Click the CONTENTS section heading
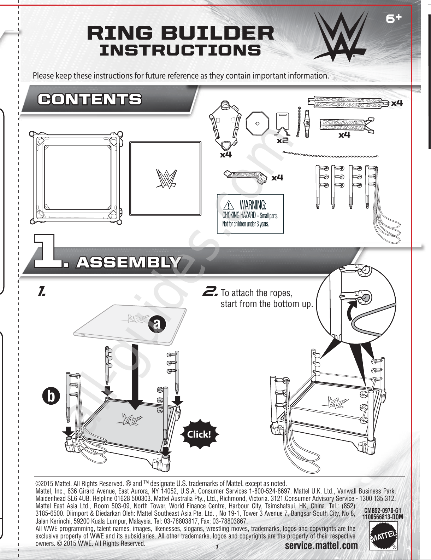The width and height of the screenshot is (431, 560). click(90, 99)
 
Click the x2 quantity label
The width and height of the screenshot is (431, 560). click(282, 141)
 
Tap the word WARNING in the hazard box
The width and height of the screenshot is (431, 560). click(253, 205)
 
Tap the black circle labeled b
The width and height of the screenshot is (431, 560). click(51, 397)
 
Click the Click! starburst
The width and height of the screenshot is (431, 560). click(200, 434)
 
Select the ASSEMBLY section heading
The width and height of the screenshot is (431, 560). click(128, 263)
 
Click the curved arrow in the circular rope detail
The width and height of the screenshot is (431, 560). click(351, 311)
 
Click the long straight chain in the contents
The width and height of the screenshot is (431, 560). click(330, 155)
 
